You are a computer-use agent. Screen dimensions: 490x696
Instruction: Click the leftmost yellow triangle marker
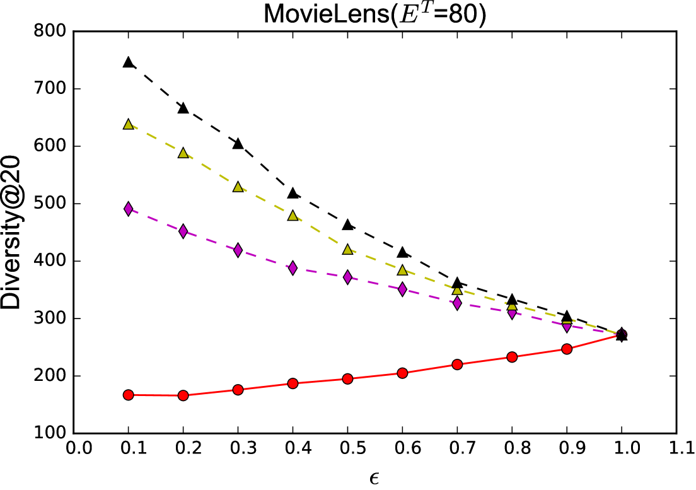point(129,125)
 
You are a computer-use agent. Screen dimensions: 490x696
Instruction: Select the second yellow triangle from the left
point(183,153)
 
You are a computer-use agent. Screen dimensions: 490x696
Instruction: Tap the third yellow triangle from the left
point(238,187)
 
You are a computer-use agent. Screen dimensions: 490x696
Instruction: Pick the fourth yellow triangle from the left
point(293,216)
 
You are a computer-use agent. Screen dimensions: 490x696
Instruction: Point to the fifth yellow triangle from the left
point(347,250)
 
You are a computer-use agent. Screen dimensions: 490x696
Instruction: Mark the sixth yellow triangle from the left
point(402,271)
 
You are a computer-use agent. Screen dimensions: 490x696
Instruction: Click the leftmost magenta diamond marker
point(129,209)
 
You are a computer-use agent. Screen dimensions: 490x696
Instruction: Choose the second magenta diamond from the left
point(183,231)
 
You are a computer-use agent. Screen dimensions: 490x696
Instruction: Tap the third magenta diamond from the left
point(238,250)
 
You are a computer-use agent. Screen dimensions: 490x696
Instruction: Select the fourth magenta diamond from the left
point(293,268)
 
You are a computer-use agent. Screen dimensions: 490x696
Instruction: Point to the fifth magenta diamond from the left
point(347,277)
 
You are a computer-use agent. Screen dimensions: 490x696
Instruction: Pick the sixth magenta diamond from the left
point(402,289)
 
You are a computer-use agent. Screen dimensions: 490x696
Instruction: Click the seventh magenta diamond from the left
point(457,303)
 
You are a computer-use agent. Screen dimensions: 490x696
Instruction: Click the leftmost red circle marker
point(129,395)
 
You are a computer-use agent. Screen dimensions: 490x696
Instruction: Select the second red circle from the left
point(183,395)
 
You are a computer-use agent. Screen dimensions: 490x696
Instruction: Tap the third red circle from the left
point(238,390)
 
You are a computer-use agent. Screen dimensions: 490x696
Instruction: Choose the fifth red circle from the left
point(347,379)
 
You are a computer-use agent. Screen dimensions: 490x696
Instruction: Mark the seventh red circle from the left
point(457,365)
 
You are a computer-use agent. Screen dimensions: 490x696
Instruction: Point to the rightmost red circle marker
point(567,349)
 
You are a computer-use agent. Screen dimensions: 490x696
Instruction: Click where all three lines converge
point(620,334)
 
